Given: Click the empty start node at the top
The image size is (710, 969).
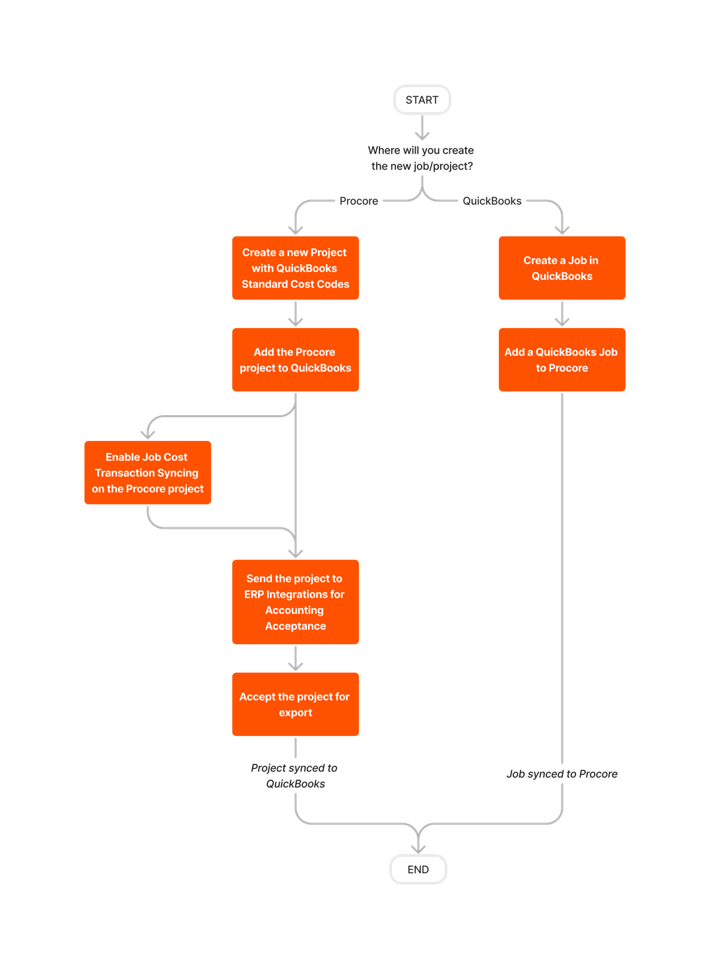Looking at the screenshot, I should click(x=422, y=100).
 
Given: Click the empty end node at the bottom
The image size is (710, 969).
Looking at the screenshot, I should click(x=418, y=869).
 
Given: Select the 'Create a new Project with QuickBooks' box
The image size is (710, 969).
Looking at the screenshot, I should click(x=296, y=268).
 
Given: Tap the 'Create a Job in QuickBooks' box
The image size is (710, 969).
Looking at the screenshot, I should click(x=562, y=268).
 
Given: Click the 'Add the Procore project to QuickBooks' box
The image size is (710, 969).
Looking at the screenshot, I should click(x=296, y=360).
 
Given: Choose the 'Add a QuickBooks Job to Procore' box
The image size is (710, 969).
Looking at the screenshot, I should click(x=562, y=360).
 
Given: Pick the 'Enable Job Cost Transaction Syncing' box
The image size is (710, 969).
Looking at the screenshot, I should click(x=148, y=473).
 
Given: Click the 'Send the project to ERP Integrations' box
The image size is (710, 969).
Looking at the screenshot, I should click(x=296, y=602).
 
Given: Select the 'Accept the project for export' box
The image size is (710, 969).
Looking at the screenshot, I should click(x=296, y=704).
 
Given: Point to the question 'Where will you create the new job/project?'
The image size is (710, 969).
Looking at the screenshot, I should click(x=422, y=158).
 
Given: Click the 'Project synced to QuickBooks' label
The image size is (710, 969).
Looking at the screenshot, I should click(x=295, y=776).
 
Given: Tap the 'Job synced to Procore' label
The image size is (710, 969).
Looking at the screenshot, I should click(x=562, y=774).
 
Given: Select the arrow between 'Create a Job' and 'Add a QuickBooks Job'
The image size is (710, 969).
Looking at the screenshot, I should click(x=562, y=314).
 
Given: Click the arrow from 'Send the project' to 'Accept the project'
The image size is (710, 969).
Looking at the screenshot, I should click(x=296, y=659).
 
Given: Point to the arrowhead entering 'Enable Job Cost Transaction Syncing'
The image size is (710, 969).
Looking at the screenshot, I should click(x=148, y=434).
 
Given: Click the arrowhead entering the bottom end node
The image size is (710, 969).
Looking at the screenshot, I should click(x=418, y=848).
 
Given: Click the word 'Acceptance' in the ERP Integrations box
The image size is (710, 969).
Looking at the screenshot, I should click(x=296, y=626).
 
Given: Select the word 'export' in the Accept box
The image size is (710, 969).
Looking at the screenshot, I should click(x=296, y=713).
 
